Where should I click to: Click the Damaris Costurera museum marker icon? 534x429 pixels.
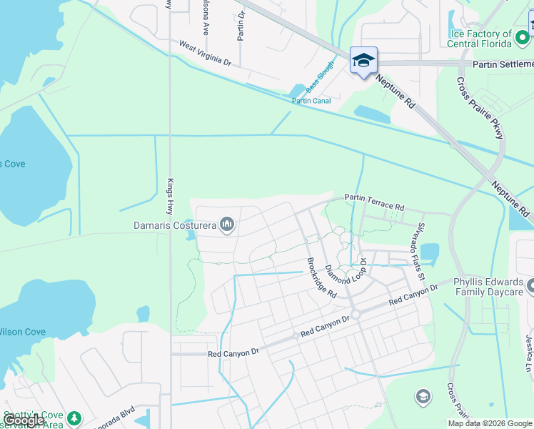(228, 225)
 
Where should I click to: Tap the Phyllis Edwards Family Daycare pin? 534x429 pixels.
(530, 287)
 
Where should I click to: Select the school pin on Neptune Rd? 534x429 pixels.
(363, 61)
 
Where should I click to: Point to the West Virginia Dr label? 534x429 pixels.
(206, 54)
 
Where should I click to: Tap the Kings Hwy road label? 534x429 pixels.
(170, 197)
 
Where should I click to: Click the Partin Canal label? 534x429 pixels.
(311, 101)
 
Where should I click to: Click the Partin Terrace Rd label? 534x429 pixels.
(374, 202)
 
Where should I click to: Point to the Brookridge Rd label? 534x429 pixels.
(321, 277)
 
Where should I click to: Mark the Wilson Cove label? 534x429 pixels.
(21, 332)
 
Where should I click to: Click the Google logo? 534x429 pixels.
(24, 420)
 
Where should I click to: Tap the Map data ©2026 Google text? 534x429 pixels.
(490, 423)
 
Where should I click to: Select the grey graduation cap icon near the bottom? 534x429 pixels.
(423, 395)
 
